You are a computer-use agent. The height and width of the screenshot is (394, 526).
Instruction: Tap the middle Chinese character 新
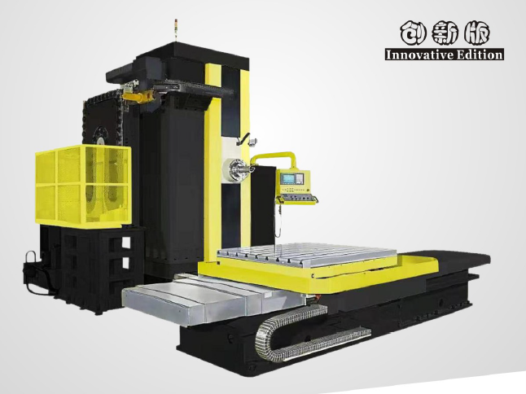[x=444, y=34]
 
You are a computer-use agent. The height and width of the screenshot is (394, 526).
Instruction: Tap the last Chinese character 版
[x=476, y=34]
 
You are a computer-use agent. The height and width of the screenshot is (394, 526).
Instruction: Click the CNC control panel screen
[x=291, y=179]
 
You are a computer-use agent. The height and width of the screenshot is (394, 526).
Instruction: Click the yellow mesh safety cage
[x=83, y=185]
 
